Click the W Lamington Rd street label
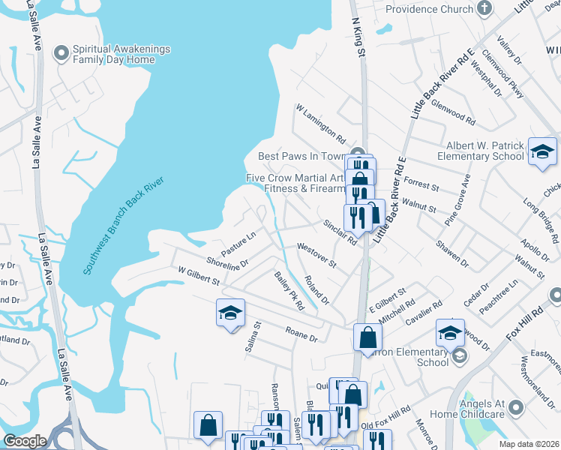pyautogui.click(x=321, y=124)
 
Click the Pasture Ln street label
pyautogui.click(x=238, y=239)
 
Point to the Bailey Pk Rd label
pyautogui.click(x=289, y=292)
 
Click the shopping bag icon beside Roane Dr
pyautogui.click(x=367, y=337)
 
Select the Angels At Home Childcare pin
pyautogui.click(x=515, y=408)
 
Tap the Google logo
pyautogui.click(x=25, y=441)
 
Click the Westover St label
pyautogui.click(x=316, y=256)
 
